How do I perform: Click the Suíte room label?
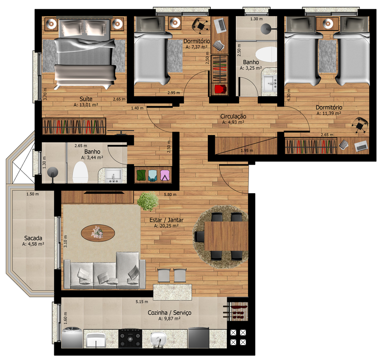click(86, 99)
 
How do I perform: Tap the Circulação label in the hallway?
click(233, 116)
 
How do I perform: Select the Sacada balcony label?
click(33, 238)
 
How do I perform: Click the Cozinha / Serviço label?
click(169, 313)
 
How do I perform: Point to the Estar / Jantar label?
click(166, 220)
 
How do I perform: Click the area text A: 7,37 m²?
click(196, 47)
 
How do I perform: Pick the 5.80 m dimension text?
click(170, 194)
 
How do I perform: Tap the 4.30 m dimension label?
click(289, 95)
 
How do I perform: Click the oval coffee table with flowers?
click(98, 233)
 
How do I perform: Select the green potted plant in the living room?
click(148, 201)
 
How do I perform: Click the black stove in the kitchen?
click(130, 338)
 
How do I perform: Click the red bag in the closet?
click(221, 89)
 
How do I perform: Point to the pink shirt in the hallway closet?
click(165, 175)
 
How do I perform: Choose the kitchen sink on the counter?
click(158, 338)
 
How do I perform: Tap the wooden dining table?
click(226, 236)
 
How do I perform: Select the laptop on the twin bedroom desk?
click(362, 146)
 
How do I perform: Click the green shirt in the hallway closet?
click(141, 175)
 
